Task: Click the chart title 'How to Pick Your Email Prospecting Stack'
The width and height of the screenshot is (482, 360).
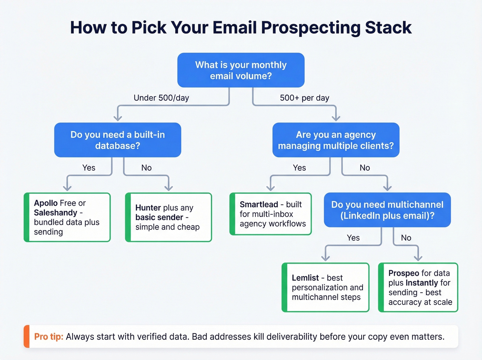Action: tap(241, 28)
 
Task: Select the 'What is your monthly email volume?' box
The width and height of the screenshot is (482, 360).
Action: tap(241, 70)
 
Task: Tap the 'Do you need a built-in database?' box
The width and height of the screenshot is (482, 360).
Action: tap(117, 140)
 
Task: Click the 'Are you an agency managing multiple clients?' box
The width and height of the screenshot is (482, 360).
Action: tap(336, 140)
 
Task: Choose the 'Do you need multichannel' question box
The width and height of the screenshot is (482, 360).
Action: tap(387, 210)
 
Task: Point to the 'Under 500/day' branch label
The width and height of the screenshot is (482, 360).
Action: tap(161, 98)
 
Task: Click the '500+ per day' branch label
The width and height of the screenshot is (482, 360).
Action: tap(304, 98)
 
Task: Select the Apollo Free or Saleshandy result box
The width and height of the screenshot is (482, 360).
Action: tap(67, 217)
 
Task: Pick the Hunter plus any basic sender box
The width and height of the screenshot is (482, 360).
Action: tap(168, 217)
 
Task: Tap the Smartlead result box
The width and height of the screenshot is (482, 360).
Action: tap(271, 214)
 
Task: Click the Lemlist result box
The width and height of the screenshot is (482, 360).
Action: tap(325, 287)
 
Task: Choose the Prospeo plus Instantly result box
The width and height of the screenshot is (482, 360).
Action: tap(418, 287)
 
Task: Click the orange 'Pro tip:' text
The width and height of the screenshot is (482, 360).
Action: tap(49, 337)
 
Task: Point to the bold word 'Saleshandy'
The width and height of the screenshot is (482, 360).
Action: tap(55, 213)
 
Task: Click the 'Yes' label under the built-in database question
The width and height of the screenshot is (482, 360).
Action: tap(89, 168)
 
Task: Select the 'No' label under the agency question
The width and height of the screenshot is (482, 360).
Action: tap(365, 168)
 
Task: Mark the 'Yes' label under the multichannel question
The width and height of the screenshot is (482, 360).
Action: tap(353, 238)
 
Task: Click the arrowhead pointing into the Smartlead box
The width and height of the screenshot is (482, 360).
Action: tap(271, 188)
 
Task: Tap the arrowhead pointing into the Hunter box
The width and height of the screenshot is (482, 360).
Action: tap(168, 188)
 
